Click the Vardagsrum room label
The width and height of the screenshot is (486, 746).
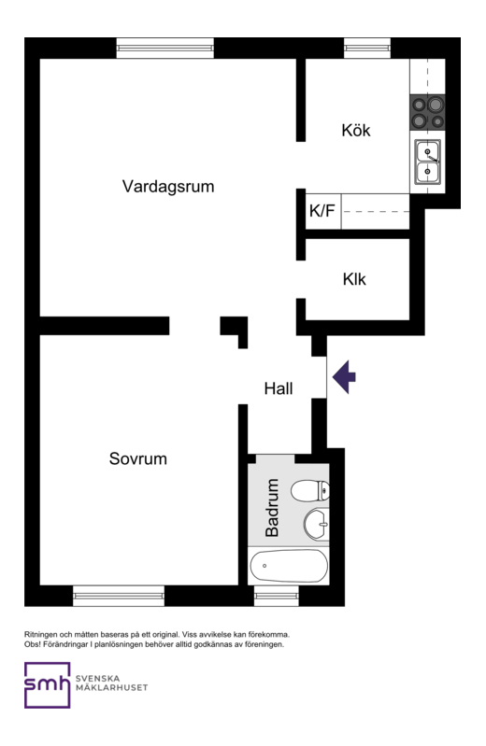[168, 186]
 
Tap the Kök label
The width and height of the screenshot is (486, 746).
[355, 131]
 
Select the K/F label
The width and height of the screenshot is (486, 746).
[322, 212]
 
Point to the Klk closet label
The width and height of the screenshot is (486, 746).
[354, 279]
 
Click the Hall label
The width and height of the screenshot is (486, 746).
[279, 388]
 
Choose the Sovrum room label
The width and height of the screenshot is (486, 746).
[137, 459]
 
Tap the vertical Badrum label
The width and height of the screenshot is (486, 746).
[273, 508]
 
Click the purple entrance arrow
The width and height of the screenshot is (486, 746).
[345, 376]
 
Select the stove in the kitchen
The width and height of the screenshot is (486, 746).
[428, 113]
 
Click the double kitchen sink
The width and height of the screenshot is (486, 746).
[428, 162]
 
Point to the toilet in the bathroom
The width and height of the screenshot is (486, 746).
[310, 490]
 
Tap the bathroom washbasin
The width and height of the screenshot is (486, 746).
[316, 523]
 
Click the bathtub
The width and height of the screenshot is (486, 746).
[289, 565]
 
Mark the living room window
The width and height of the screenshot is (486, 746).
[165, 48]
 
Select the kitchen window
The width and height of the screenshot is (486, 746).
[366, 48]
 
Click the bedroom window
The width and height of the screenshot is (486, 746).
[119, 595]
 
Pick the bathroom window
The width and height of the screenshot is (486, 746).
[277, 595]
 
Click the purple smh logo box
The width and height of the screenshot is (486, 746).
[47, 685]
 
